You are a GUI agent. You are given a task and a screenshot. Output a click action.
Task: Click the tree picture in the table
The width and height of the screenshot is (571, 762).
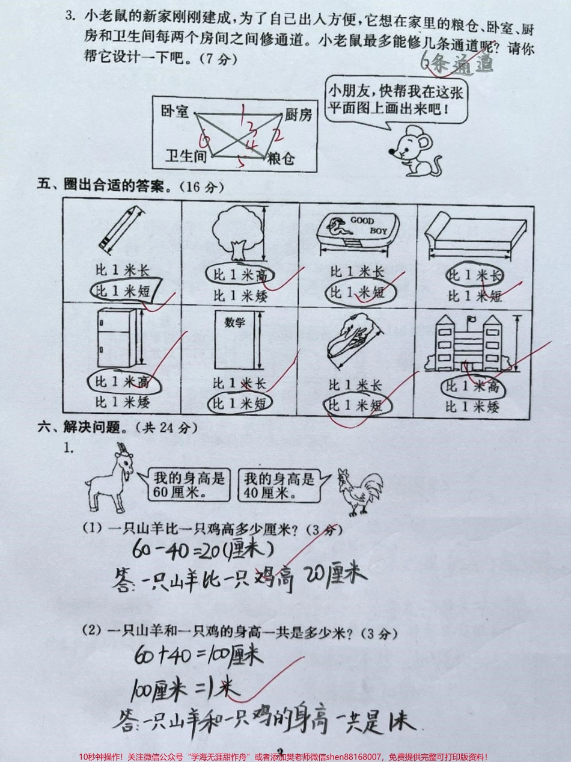coord(236,232)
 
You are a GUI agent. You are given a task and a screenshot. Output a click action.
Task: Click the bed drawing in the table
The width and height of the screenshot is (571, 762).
coord(474,235)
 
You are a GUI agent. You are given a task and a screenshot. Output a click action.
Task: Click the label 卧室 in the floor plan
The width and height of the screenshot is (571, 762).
coord(175,111)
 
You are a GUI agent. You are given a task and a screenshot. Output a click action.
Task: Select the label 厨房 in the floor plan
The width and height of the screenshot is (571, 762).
coord(298,114)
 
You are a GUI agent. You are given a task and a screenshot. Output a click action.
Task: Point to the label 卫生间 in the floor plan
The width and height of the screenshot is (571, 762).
coord(186,157)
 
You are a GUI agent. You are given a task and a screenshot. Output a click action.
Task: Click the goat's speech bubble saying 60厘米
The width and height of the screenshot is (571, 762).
coord(189,485)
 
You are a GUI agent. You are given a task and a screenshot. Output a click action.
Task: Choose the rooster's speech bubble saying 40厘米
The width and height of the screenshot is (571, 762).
coord(279,485)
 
